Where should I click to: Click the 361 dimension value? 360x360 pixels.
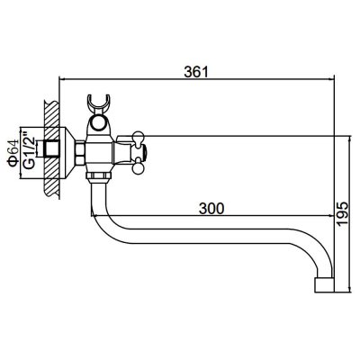pos(196,71)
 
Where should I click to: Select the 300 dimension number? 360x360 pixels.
pos(211,208)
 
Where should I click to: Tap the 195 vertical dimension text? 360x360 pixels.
pos(342,213)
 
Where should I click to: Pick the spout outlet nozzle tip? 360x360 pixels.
pos(324,285)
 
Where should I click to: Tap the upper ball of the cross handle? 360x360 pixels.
pos(139,136)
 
